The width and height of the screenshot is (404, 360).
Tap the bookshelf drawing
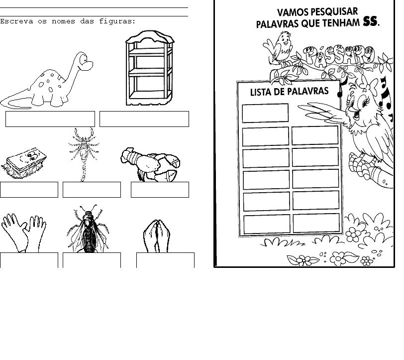(150, 68)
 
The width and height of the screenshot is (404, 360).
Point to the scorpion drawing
(84, 155)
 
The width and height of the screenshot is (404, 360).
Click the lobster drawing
(150, 165)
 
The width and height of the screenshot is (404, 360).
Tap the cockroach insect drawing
(88, 230)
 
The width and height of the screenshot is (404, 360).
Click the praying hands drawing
(157, 236)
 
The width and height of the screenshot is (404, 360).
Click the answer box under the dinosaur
(50, 119)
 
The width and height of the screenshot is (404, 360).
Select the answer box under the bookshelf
(144, 119)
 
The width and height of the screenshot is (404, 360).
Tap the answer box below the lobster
(160, 190)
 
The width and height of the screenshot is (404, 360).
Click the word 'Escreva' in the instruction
(16, 21)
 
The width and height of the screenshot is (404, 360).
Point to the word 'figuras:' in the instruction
(117, 21)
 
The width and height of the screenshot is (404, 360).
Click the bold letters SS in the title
(370, 21)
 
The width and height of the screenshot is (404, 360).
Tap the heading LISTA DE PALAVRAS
(290, 92)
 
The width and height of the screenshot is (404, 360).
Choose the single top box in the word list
(265, 113)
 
